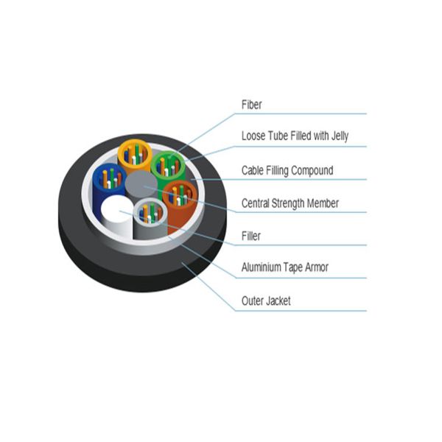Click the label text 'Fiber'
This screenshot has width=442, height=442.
coord(251,105)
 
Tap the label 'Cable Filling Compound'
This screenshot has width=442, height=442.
coord(287,171)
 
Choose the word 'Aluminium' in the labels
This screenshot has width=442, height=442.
coord(265,267)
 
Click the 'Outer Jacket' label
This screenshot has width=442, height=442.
coord(266,301)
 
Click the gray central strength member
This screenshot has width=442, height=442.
coord(142,185)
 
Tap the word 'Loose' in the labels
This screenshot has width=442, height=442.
coord(255,136)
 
